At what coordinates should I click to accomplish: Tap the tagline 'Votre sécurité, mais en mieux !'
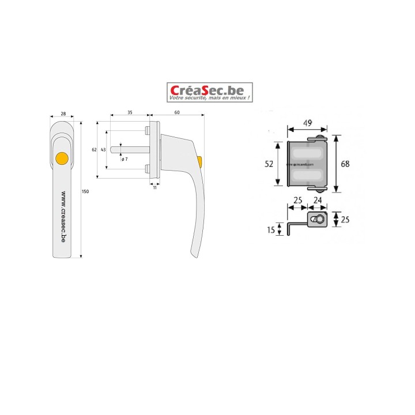pyautogui.click(x=210, y=100)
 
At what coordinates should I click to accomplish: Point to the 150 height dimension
pyautogui.click(x=86, y=191)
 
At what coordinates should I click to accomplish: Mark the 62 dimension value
pyautogui.click(x=95, y=149)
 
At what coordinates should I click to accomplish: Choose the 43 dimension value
pyautogui.click(x=103, y=149)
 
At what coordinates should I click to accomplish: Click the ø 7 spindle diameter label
pyautogui.click(x=124, y=159)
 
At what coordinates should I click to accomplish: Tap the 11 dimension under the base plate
pyautogui.click(x=155, y=188)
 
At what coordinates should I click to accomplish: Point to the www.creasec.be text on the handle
pyautogui.click(x=63, y=219)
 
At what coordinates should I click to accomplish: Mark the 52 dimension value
pyautogui.click(x=269, y=164)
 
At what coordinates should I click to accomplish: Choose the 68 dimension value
pyautogui.click(x=345, y=164)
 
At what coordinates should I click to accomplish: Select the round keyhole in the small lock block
pyautogui.click(x=316, y=220)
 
